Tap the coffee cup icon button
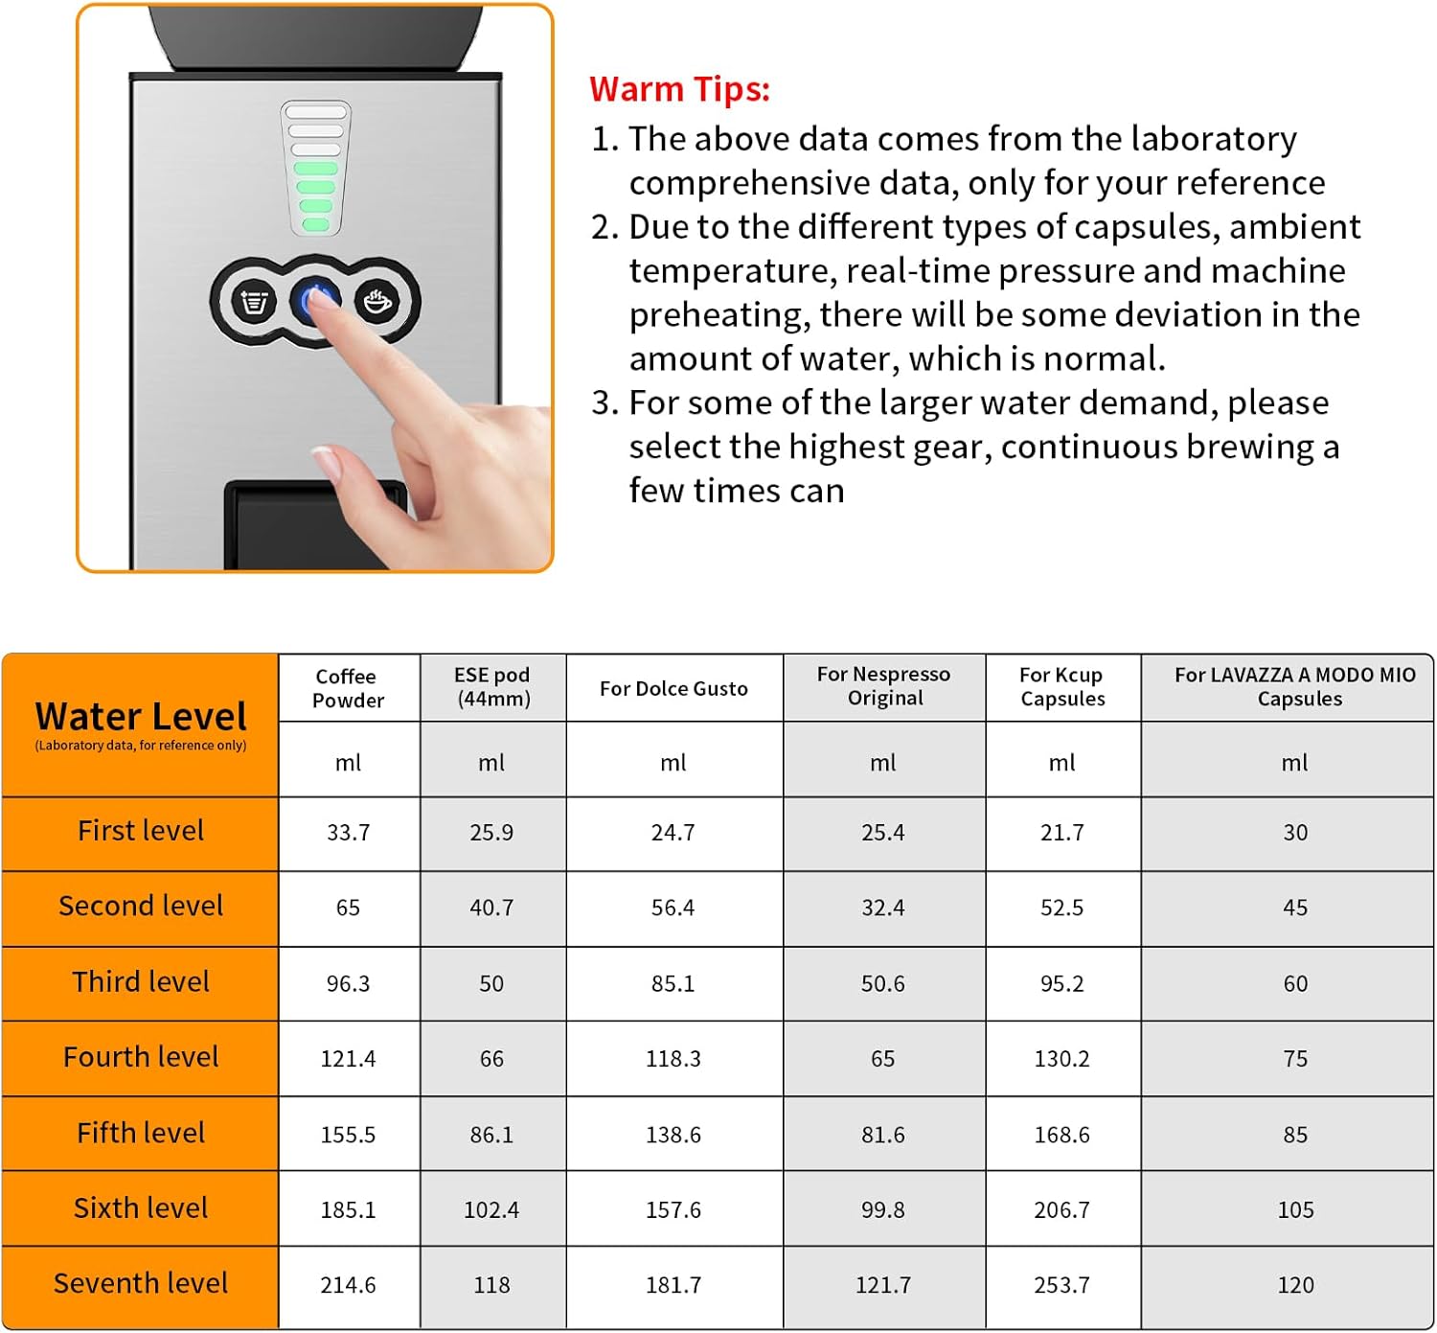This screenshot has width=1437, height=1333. point(378,301)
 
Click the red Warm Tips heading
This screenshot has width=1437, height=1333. point(679,89)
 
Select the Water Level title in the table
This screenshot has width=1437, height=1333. point(141,717)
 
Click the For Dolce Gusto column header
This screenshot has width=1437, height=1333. point(673,688)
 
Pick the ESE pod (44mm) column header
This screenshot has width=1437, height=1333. point(491,686)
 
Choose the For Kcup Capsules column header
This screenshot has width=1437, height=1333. point(1061,686)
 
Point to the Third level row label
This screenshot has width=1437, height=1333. point(141,982)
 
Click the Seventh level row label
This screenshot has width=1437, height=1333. point(141,1283)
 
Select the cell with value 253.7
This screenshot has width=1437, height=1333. point(1061,1285)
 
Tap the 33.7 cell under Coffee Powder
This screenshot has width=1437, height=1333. point(348,833)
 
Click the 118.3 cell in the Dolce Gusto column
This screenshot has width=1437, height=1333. point(673,1059)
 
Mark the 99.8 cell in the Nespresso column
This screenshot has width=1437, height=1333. point(882,1210)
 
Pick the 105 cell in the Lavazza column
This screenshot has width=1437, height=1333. point(1295,1210)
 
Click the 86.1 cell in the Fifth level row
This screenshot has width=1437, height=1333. point(491,1135)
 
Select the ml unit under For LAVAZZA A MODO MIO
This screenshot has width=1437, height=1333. point(1294,763)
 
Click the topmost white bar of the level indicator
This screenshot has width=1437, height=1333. point(315,113)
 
